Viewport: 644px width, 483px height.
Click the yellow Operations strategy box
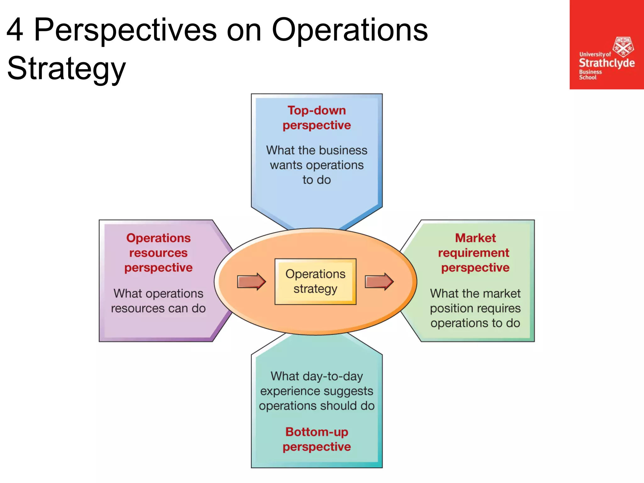315,281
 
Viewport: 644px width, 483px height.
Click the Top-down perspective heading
317,118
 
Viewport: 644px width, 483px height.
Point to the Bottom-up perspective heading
317,439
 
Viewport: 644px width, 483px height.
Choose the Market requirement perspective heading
475,253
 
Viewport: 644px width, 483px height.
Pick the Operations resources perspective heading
158,253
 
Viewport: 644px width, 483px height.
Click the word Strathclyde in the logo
607,63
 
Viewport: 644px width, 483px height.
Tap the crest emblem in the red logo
623,47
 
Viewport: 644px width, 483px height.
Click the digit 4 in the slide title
15,30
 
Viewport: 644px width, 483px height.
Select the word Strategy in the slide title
66,69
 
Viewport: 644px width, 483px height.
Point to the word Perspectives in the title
125,30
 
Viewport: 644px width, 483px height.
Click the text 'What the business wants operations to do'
317,165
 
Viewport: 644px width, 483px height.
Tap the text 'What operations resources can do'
158,301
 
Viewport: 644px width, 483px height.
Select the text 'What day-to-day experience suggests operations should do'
317,391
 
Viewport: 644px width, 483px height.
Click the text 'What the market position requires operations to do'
475,308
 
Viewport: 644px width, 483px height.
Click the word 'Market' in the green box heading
475,238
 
